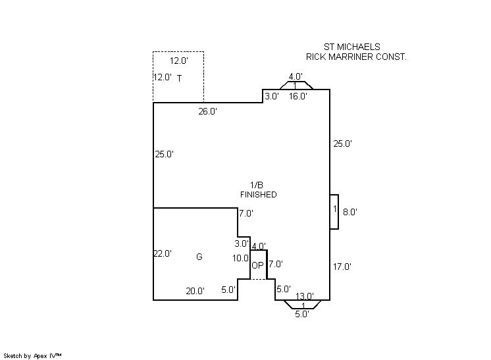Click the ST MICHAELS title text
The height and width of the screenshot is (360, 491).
[352, 47]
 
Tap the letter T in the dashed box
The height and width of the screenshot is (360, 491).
[179, 78]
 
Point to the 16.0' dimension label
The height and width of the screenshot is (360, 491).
[298, 96]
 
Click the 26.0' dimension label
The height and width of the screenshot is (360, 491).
[208, 112]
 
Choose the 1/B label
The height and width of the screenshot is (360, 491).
[257, 184]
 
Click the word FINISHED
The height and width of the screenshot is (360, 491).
[258, 195]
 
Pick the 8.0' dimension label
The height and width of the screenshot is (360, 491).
[349, 212]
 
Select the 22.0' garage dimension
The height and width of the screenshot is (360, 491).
[163, 253]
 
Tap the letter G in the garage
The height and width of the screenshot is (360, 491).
[199, 257]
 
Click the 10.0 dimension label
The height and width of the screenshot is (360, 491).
[240, 259]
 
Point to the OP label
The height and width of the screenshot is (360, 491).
[257, 267]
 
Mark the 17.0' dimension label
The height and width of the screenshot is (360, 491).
[342, 267]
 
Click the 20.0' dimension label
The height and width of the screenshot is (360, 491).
[195, 291]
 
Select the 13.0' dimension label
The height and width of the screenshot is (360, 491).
[303, 296]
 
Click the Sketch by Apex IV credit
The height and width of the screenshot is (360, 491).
[33, 355]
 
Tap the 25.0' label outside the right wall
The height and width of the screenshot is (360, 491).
[342, 143]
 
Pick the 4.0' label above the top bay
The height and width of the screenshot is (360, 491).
[295, 77]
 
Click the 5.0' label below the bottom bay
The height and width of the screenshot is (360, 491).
[301, 314]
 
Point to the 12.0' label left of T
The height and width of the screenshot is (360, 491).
[162, 77]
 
